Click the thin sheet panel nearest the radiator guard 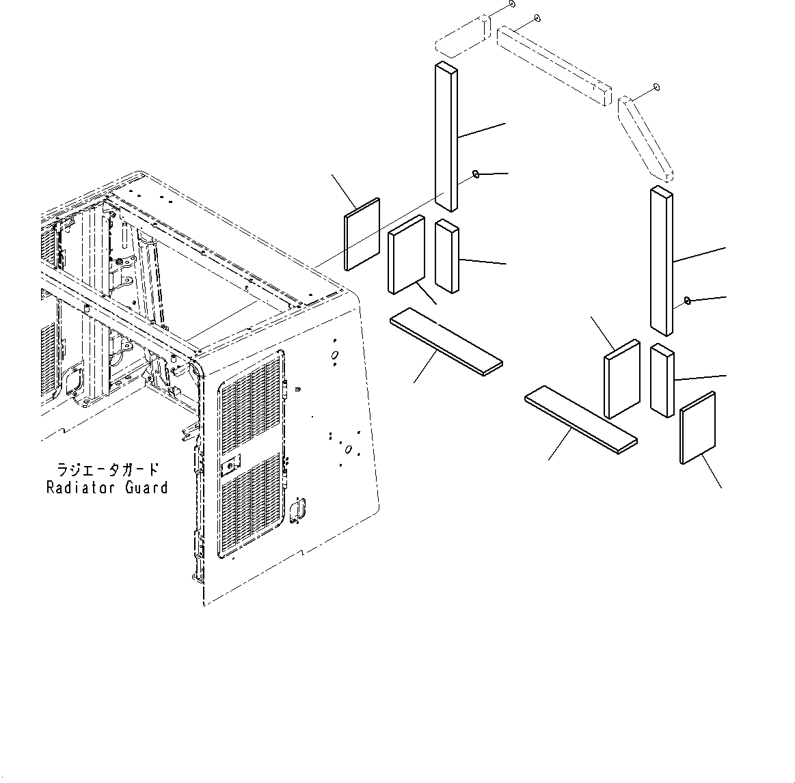[362, 234]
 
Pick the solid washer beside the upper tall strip [475, 174]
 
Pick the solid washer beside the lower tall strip [688, 300]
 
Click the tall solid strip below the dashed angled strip [661, 261]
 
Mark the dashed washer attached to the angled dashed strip [656, 87]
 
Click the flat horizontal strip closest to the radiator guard [446, 341]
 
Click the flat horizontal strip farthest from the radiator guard [581, 419]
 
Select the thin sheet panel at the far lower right [698, 428]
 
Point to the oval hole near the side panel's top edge [334, 355]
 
